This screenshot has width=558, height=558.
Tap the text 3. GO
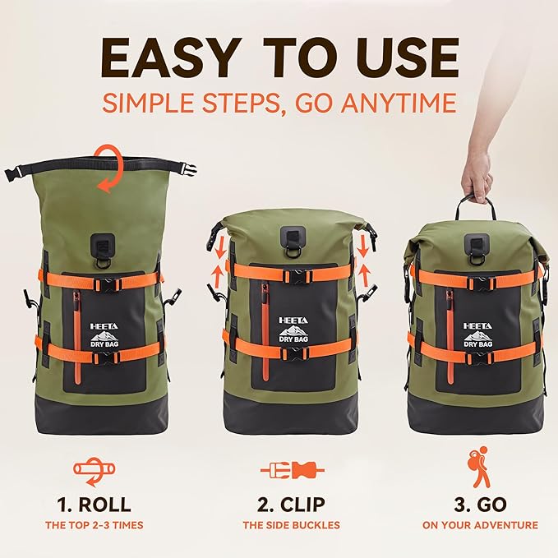click(488, 504)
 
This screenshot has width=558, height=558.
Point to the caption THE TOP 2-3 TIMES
click(94, 525)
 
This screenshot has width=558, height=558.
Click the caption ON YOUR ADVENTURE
click(488, 525)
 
